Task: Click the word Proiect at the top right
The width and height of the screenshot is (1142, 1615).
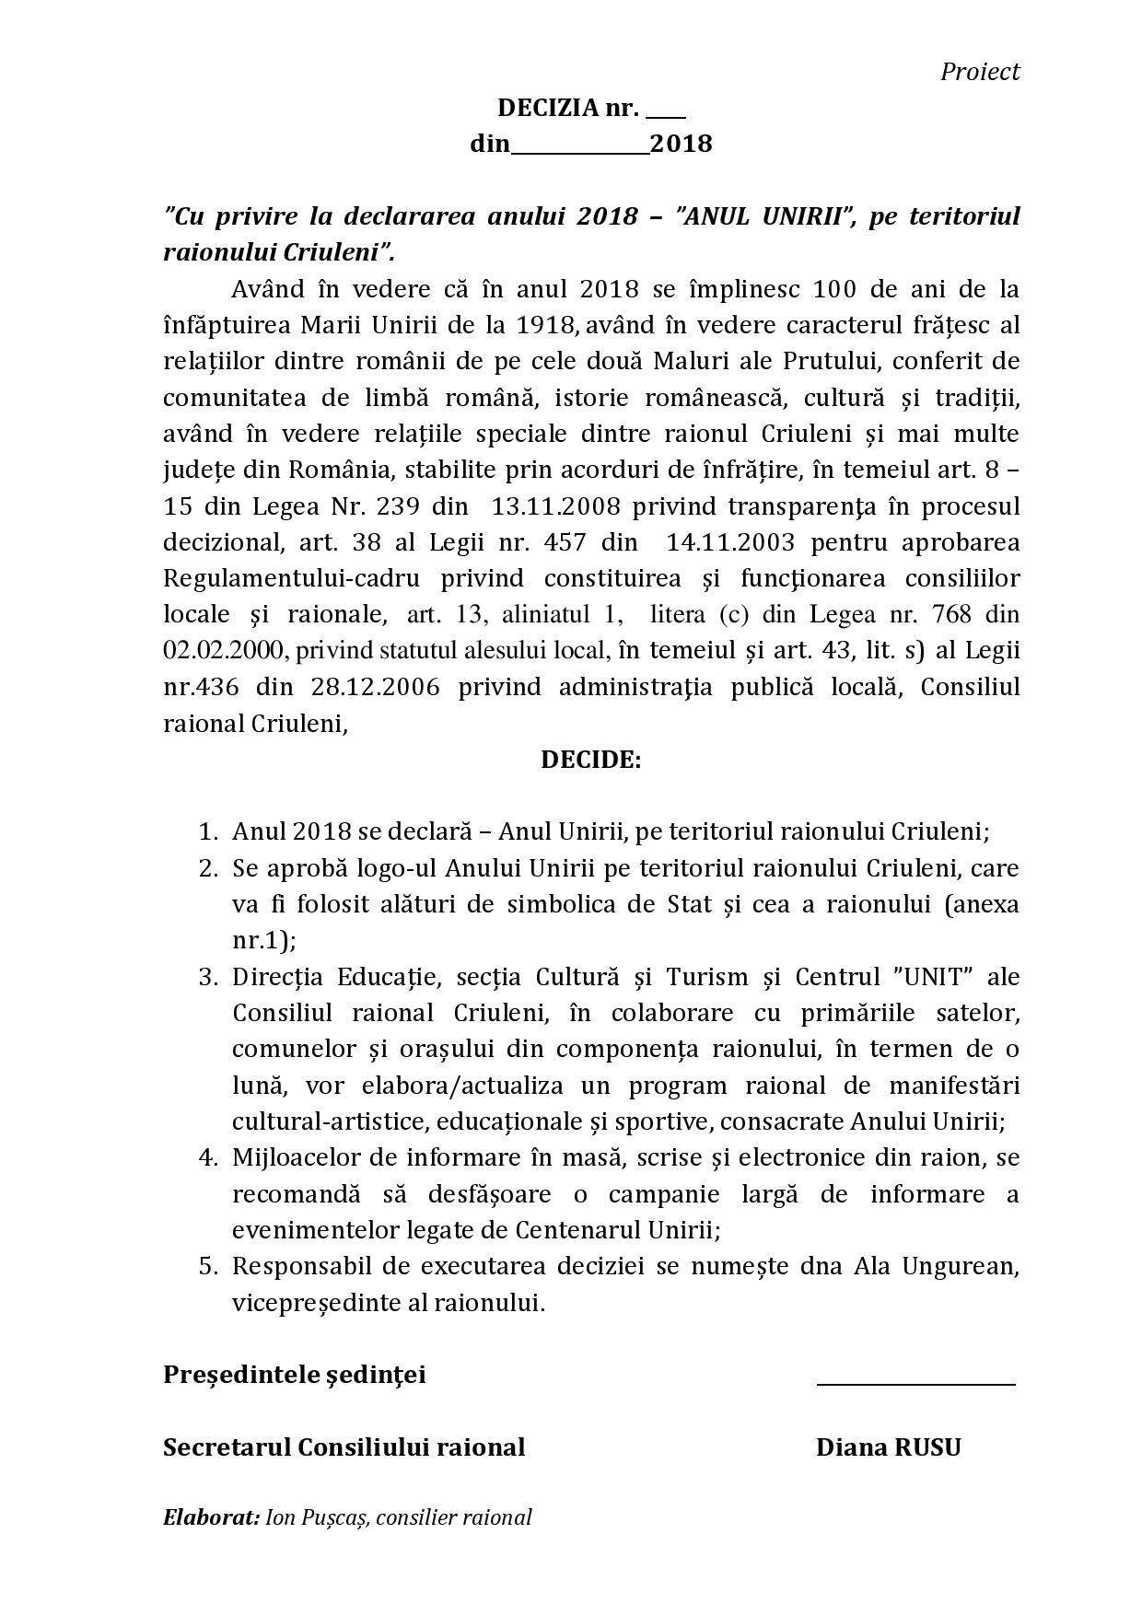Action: pyautogui.click(x=979, y=72)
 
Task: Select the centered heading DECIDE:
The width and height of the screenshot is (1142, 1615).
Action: pyautogui.click(x=590, y=760)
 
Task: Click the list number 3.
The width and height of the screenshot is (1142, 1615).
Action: pyautogui.click(x=208, y=976)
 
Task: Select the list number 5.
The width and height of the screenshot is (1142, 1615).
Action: pyautogui.click(x=208, y=1266)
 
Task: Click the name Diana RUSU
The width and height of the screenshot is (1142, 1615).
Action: pyautogui.click(x=888, y=1447)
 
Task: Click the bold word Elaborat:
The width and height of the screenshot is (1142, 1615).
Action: pyautogui.click(x=211, y=1517)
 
